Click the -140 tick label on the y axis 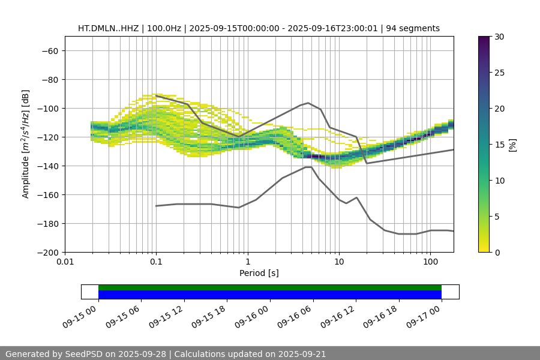[49, 166]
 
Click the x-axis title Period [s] [259, 274]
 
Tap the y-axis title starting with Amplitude [26, 144]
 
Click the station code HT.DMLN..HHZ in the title [107, 28]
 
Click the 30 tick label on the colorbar [499, 37]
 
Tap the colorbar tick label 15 [499, 145]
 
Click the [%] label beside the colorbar [512, 145]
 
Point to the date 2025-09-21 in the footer [300, 354]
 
